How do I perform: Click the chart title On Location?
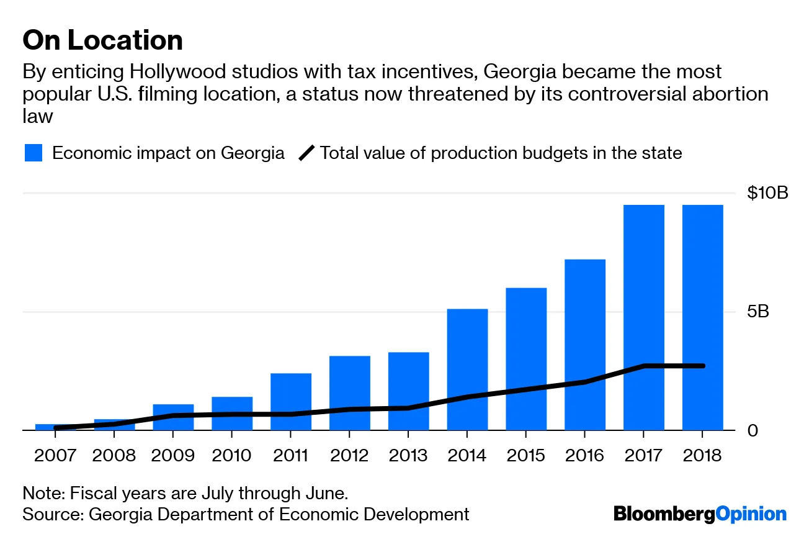click(102, 41)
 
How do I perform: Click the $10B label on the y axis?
click(767, 193)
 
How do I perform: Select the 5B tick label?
click(757, 311)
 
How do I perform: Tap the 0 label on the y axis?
click(753, 430)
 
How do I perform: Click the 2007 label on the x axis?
click(55, 455)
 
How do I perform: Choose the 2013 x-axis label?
click(408, 455)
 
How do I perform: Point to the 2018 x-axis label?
click(702, 455)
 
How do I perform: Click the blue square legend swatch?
click(33, 153)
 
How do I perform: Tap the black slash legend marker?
click(306, 153)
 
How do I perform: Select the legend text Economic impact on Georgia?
click(168, 153)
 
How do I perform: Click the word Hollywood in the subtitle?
click(187, 71)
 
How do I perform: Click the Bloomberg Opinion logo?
click(700, 514)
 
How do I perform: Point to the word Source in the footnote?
click(51, 514)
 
